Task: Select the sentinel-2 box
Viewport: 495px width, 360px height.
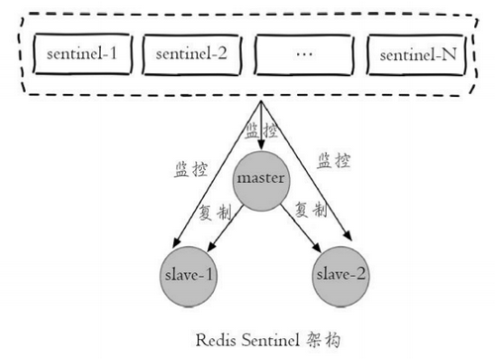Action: click(192, 53)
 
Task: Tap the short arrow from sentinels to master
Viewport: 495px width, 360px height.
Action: click(260, 129)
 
